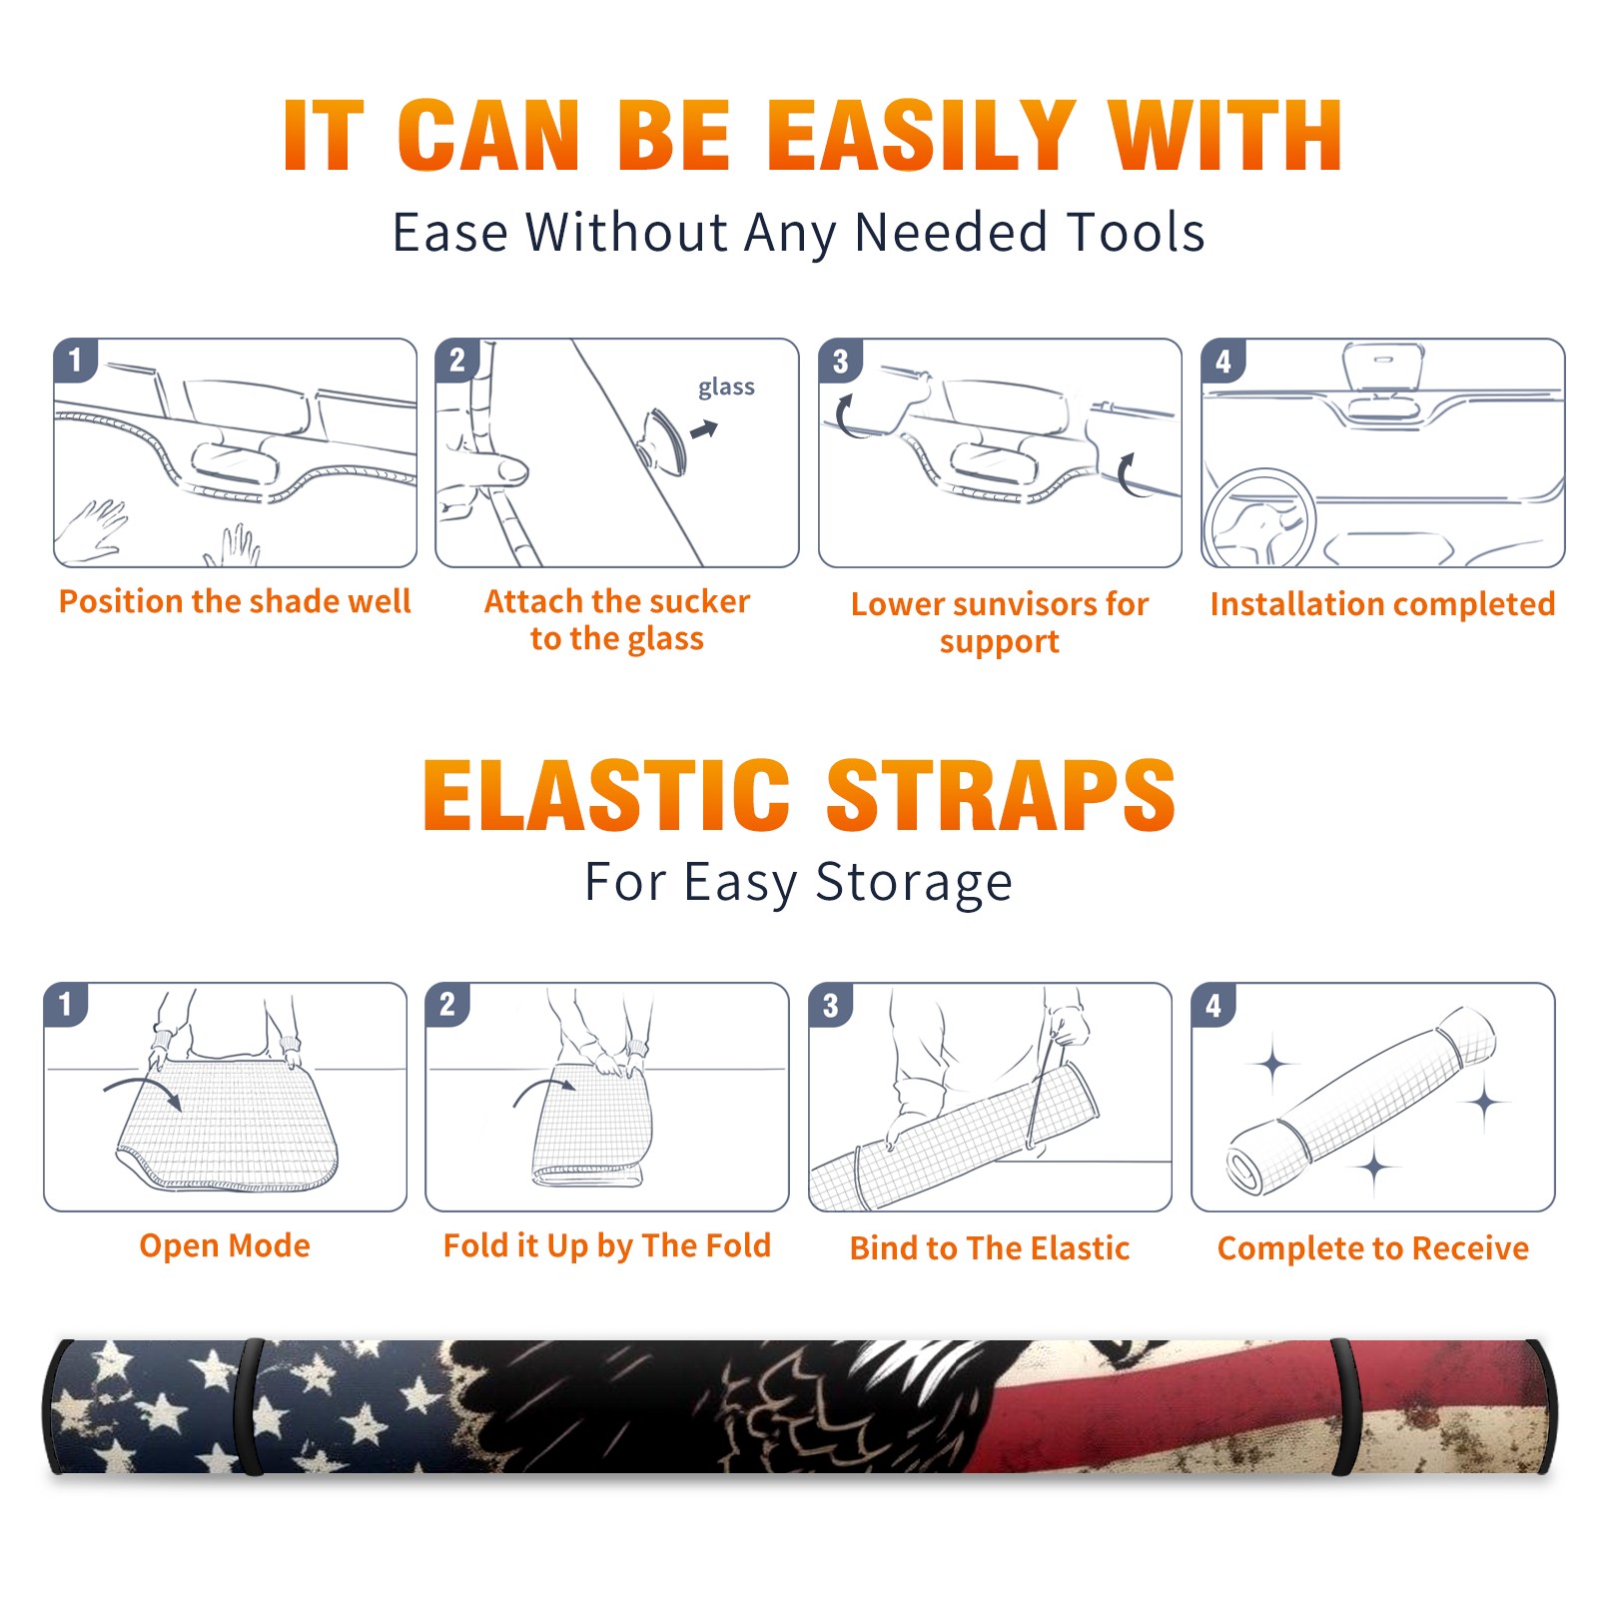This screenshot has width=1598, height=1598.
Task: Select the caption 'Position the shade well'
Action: tap(235, 602)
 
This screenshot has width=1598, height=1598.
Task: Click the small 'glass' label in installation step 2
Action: tap(726, 388)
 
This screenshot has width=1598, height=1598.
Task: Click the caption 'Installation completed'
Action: tap(1382, 604)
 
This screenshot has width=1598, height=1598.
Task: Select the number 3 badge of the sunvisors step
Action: tap(840, 362)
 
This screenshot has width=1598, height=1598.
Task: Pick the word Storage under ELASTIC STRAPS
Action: tap(914, 883)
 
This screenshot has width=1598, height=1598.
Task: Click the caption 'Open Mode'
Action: tap(225, 1245)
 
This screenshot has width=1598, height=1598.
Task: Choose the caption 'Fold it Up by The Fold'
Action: tap(607, 1246)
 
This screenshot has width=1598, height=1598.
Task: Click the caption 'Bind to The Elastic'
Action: tap(990, 1248)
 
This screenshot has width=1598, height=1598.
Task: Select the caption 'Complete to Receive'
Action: tap(1373, 1248)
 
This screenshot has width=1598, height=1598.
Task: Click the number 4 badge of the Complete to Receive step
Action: tap(1213, 1005)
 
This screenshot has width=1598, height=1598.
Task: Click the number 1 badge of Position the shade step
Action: tap(75, 360)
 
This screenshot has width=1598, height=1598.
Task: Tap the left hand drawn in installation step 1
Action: tap(92, 529)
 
